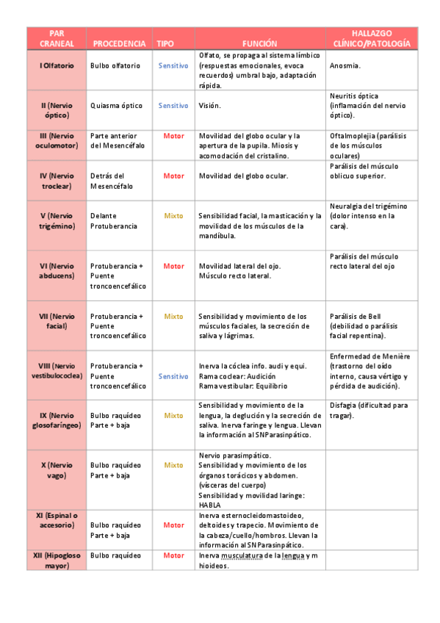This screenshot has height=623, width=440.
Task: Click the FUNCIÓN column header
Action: (259, 44)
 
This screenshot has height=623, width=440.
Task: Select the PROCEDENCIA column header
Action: (120, 44)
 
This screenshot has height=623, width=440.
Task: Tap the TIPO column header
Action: (165, 44)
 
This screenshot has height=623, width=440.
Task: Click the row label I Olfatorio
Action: (57, 65)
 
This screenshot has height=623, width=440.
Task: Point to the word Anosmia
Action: (345, 65)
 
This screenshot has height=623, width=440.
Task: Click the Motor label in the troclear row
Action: (173, 176)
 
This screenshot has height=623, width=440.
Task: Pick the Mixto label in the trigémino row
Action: (173, 216)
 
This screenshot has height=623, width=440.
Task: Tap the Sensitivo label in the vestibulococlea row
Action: (173, 375)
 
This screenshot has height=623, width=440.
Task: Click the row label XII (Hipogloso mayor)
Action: (57, 561)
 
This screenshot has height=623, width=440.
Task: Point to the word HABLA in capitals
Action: (210, 505)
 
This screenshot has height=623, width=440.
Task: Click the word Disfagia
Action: (345, 406)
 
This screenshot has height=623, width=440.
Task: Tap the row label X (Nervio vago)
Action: (57, 470)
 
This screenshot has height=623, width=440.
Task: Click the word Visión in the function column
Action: (210, 105)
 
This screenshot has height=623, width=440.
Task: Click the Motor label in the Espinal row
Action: (173, 525)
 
